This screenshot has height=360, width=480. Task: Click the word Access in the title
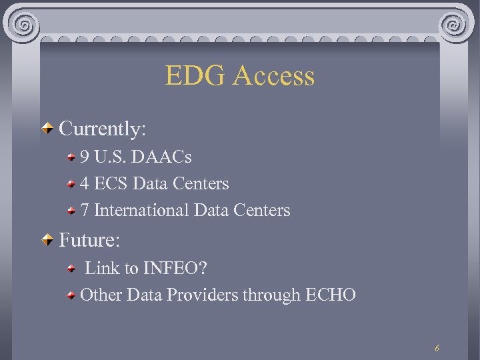pyautogui.click(x=274, y=76)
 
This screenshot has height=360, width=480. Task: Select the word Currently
pyautogui.click(x=102, y=129)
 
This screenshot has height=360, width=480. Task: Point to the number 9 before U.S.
pyautogui.click(x=85, y=157)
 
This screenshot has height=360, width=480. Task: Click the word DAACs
pyautogui.click(x=162, y=157)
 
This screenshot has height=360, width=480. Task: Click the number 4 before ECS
pyautogui.click(x=85, y=183)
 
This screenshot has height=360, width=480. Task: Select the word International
pyautogui.click(x=141, y=210)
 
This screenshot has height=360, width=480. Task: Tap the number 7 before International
pyautogui.click(x=85, y=210)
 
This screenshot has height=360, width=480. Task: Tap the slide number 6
pyautogui.click(x=437, y=348)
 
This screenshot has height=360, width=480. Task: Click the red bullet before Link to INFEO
pyautogui.click(x=72, y=269)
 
